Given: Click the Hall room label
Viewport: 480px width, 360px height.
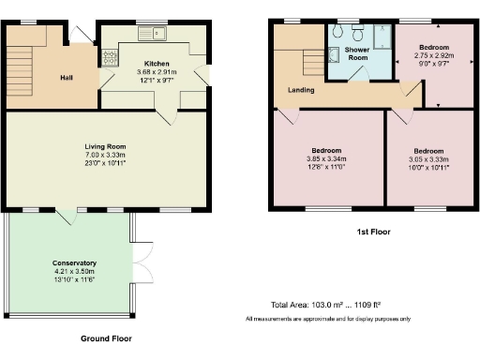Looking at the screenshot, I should click(67, 77).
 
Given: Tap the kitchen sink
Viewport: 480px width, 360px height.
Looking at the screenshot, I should click(151, 36).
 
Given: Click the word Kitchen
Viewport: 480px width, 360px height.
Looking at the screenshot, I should click(157, 63).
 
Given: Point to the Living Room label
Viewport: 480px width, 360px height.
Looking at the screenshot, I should click(105, 145).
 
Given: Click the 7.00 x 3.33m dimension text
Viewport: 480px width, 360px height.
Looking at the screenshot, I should click(105, 154).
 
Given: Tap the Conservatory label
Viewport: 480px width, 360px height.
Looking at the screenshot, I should click(74, 262).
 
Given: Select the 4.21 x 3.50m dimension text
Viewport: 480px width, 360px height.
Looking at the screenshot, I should click(74, 272).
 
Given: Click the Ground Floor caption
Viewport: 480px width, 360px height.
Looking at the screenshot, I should click(105, 338).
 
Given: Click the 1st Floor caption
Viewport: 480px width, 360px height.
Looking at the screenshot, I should click(373, 231).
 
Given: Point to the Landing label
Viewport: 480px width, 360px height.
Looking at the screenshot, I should click(301, 90).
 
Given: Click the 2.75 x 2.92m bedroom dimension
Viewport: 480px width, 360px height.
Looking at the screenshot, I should click(433, 55).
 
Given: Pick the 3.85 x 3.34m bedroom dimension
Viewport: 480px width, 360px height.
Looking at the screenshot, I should click(326, 158).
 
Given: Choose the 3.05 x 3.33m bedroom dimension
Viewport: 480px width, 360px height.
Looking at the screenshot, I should click(427, 159).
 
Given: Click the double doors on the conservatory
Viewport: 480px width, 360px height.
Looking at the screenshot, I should click(142, 254).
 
